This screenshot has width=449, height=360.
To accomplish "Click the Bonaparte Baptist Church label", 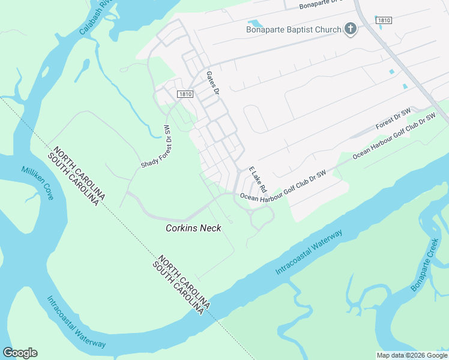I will coord(293,29).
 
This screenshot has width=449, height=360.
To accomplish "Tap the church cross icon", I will coord(350,29).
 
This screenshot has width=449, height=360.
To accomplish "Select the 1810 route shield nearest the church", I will coord(384,20).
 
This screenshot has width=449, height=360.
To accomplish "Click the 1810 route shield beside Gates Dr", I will coord(185,94).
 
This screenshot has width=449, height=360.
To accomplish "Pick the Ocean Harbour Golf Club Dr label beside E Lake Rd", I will coord(283,186).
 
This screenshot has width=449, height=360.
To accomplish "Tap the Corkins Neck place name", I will coord(193,228).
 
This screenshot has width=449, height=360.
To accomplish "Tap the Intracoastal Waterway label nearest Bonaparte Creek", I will coord(309,253).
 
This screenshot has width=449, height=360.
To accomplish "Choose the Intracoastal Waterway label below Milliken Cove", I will coord(76,322).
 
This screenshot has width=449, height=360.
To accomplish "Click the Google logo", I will coord(20,353).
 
